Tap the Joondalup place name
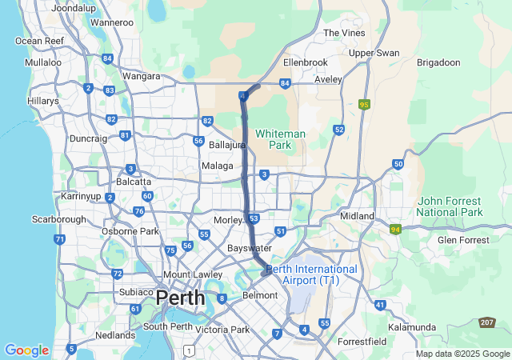74,7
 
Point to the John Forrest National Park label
449,206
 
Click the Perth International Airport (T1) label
314,274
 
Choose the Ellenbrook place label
305,62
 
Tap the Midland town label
357,216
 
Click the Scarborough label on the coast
58,218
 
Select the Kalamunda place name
411,327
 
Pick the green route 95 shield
365,104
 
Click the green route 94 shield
395,229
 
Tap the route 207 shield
487,322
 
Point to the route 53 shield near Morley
254,218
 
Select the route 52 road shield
339,129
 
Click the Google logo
26,350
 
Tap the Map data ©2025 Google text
462,354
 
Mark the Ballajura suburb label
226,146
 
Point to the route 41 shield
380,305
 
